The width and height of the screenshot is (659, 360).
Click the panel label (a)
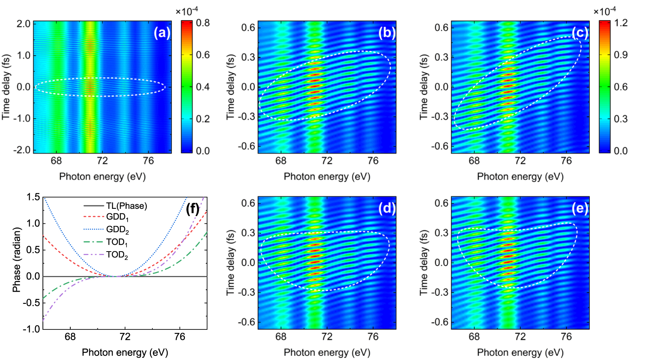162,33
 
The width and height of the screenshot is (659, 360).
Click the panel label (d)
387,208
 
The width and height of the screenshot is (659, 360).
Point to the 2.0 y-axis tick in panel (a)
23,24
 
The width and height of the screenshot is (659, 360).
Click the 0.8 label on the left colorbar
202,23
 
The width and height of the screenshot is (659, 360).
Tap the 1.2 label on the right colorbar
621,23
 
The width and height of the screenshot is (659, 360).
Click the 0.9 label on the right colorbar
621,55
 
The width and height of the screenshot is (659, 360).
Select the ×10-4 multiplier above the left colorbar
186,11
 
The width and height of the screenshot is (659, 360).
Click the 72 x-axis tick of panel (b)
327,161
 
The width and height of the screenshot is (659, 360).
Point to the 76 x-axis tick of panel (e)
566,336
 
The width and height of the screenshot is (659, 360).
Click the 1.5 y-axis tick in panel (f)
33,197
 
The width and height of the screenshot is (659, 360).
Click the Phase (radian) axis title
16,260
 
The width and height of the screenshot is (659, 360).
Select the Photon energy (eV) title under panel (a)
102,176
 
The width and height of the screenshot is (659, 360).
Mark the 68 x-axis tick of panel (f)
70,337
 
